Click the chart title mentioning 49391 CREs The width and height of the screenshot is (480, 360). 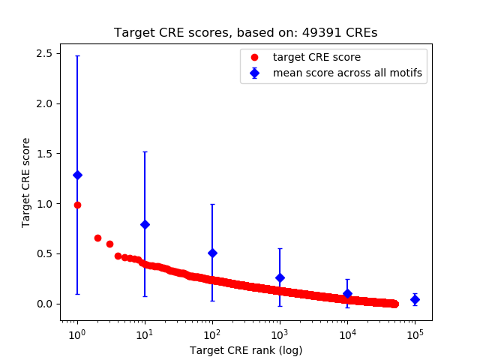pyautogui.click(x=245, y=33)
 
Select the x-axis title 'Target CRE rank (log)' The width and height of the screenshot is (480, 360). pyautogui.click(x=245, y=349)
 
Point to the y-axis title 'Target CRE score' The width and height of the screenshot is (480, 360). pyautogui.click(x=26, y=182)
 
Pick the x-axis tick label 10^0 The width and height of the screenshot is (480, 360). pyautogui.click(x=76, y=333)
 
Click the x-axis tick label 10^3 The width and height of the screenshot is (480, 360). pyautogui.click(x=280, y=333)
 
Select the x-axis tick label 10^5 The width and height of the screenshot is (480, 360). pyautogui.click(x=415, y=333)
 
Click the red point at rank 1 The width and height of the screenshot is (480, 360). pyautogui.click(x=77, y=205)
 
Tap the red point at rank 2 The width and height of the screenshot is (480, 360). pyautogui.click(x=97, y=238)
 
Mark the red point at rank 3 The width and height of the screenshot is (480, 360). pyautogui.click(x=109, y=244)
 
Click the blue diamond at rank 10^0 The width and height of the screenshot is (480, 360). pyautogui.click(x=77, y=175)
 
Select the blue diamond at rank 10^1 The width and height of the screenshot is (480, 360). pyautogui.click(x=145, y=224)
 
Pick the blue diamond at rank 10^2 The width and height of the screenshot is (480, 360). pyautogui.click(x=212, y=253)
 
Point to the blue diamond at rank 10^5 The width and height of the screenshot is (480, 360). pyautogui.click(x=415, y=299)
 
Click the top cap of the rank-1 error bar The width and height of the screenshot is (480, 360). pyautogui.click(x=77, y=56)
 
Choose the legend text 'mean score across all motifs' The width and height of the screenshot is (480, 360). pyautogui.click(x=347, y=73)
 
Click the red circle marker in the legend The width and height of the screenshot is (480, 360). pyautogui.click(x=255, y=57)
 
